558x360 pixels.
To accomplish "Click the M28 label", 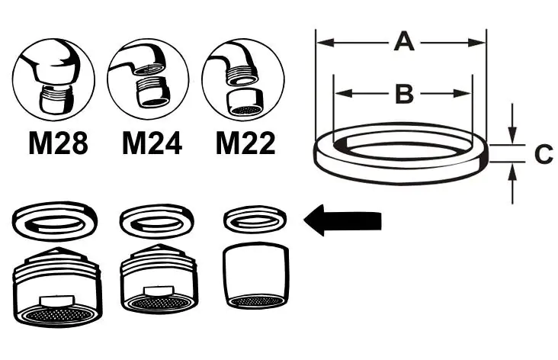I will [58, 143].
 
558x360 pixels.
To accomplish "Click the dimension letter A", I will [404, 42].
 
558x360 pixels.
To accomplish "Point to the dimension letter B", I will [404, 94].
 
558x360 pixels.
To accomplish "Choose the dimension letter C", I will [543, 154].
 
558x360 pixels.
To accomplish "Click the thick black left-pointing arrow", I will [342, 221].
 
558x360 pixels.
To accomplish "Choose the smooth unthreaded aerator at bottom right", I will [258, 276].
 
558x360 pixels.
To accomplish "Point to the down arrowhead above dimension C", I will [513, 137].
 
